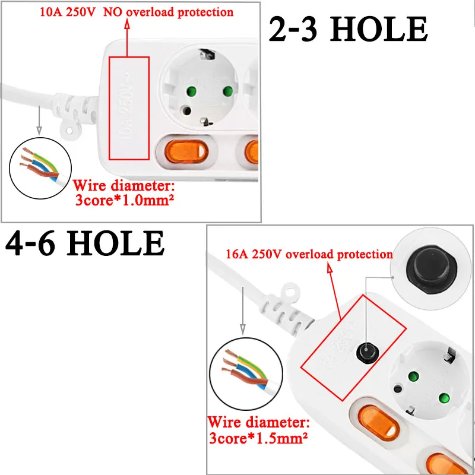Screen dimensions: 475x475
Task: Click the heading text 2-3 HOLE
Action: point(348,28)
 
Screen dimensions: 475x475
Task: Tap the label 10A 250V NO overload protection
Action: point(136,11)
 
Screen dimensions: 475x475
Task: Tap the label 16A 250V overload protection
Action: point(309,254)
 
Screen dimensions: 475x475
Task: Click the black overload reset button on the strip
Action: point(365,351)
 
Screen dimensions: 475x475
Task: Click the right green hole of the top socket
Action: point(226,91)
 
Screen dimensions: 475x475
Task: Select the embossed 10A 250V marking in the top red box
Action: point(130,106)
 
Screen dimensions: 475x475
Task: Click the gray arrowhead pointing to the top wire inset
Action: point(39,129)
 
